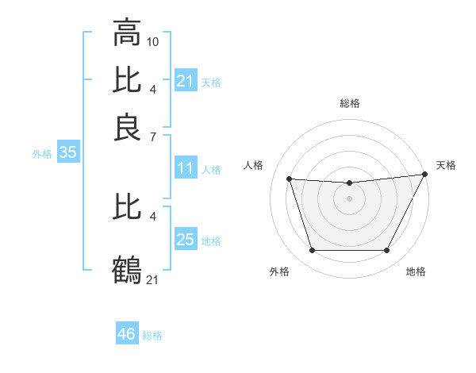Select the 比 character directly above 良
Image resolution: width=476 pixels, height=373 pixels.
tap(127, 80)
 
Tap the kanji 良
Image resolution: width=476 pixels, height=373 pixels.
tap(127, 128)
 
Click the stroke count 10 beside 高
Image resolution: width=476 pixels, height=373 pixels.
tap(153, 40)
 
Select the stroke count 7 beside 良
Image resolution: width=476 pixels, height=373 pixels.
tap(152, 137)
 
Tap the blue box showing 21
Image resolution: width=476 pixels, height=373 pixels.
tap(185, 81)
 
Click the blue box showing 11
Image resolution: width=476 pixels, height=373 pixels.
tap(185, 168)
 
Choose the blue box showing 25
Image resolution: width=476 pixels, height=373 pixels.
tap(185, 240)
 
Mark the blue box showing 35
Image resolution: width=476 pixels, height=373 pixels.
tap(67, 153)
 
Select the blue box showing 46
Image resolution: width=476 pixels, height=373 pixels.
tap(126, 334)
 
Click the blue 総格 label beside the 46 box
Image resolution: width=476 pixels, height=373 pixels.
tap(152, 336)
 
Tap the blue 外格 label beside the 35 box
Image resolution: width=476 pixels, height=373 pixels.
tap(42, 154)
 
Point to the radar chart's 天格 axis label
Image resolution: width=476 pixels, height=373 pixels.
tap(446, 165)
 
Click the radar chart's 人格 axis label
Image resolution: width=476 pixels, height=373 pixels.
tap(254, 165)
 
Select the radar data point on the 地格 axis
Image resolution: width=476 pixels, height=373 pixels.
tap(386, 251)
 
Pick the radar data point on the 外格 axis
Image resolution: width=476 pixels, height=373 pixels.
tap(312, 251)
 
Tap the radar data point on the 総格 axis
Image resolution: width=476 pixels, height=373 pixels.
tap(349, 183)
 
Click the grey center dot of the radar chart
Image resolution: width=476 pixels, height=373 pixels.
tap(349, 198)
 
